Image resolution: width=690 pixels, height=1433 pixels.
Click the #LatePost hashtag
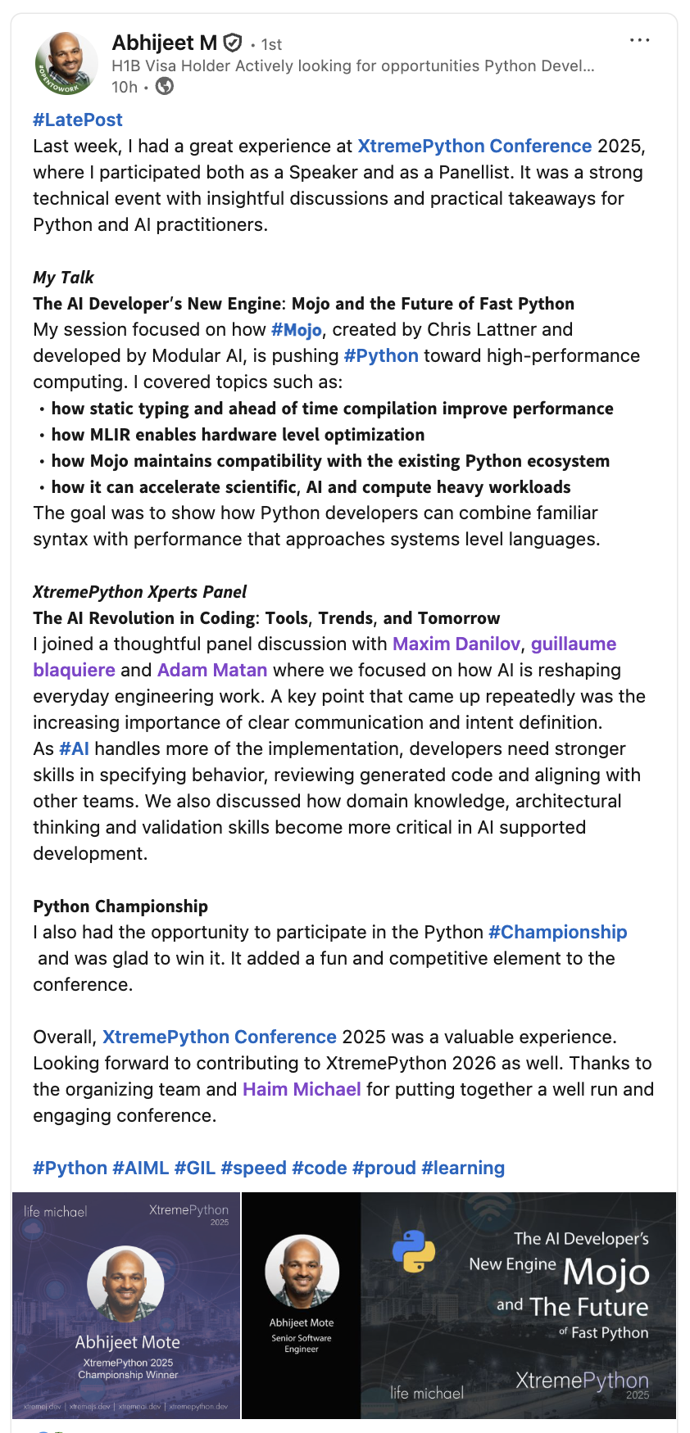pyautogui.click(x=78, y=120)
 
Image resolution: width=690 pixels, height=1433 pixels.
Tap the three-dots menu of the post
pyautogui.click(x=639, y=40)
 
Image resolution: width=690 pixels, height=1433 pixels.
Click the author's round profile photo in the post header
pyautogui.click(x=66, y=64)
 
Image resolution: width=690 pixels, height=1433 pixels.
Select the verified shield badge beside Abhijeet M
pyautogui.click(x=233, y=43)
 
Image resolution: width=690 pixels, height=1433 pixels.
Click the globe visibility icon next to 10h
pyautogui.click(x=165, y=86)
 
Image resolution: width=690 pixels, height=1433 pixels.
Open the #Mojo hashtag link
pyautogui.click(x=296, y=330)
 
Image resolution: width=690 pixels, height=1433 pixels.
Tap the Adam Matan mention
pyautogui.click(x=212, y=671)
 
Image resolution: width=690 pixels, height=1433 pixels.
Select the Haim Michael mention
pyautogui.click(x=302, y=1090)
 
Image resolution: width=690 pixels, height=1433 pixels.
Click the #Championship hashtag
pyautogui.click(x=557, y=933)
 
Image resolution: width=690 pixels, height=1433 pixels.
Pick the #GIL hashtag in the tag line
pyautogui.click(x=194, y=1169)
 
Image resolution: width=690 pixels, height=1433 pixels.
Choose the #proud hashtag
pyautogui.click(x=384, y=1169)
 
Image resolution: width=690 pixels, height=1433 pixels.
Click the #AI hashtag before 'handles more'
pyautogui.click(x=74, y=749)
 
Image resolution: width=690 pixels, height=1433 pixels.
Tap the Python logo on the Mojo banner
pyautogui.click(x=414, y=1250)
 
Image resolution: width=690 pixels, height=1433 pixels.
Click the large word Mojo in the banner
pyautogui.click(x=606, y=1272)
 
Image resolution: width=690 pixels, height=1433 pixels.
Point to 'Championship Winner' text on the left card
pyautogui.click(x=128, y=1375)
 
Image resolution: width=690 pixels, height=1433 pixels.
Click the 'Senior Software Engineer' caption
pyautogui.click(x=302, y=1343)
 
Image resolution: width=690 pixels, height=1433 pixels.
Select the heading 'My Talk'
pyautogui.click(x=63, y=278)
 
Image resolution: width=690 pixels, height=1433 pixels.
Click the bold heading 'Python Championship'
pyautogui.click(x=120, y=906)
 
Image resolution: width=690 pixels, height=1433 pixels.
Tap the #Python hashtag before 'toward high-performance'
pyautogui.click(x=381, y=356)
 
